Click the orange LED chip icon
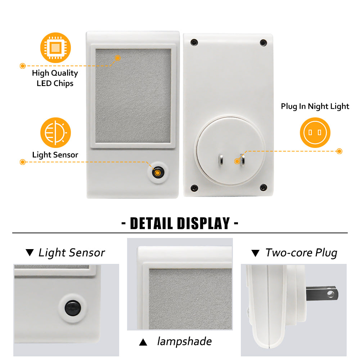click(55, 48)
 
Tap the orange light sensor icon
click(55, 132)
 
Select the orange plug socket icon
click(315, 132)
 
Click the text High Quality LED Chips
click(55, 78)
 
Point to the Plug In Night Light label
click(315, 106)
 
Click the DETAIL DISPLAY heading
click(180, 223)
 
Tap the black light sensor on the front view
click(158, 172)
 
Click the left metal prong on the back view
click(221, 160)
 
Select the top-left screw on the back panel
click(194, 42)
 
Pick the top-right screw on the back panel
click(263, 43)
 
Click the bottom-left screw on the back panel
click(194, 188)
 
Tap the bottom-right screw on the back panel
click(263, 187)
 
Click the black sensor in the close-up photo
click(73, 308)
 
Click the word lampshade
click(184, 341)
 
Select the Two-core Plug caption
click(301, 253)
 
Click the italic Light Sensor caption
click(72, 253)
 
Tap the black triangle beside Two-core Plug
click(255, 253)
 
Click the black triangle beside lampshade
click(143, 342)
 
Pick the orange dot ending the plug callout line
click(339, 151)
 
